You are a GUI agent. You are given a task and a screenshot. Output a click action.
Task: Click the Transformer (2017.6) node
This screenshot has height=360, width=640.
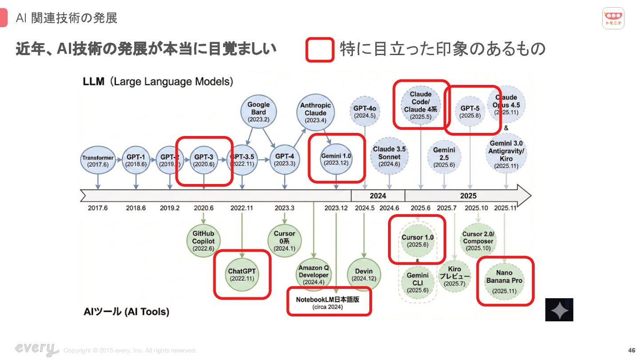coord(98,161)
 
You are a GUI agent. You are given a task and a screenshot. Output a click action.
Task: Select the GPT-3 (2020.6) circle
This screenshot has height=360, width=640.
coord(204,160)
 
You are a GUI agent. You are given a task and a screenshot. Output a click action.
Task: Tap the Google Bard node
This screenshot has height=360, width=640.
coord(258,112)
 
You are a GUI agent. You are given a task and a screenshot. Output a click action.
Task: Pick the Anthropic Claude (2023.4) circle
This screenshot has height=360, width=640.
coord(316,112)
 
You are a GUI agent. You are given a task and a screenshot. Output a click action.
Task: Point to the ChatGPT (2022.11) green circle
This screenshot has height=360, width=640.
coord(242,275)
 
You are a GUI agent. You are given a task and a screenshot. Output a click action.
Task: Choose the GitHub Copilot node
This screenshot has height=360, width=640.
coord(203,241)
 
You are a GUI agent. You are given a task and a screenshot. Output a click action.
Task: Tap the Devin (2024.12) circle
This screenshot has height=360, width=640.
coord(364,275)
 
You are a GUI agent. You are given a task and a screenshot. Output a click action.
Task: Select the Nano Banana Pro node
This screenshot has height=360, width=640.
coord(504,281)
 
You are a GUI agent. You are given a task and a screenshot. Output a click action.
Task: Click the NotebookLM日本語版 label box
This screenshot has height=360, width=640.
coord(328,302)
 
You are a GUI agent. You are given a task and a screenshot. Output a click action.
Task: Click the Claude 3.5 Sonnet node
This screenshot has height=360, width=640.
coord(389,156)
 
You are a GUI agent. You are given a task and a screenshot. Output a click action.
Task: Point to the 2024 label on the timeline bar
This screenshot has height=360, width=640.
coord(378,196)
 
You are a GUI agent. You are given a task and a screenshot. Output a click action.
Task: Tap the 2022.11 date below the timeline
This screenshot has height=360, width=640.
coord(241,208)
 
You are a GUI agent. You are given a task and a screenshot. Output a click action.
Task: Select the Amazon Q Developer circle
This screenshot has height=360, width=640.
coord(314,275)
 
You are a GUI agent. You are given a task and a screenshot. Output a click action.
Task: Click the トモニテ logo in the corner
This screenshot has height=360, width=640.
coord(613,18)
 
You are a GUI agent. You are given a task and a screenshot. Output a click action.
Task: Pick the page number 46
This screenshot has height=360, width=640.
coord(632,350)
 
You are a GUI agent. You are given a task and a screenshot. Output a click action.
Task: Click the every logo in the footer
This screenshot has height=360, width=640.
coord(36,349)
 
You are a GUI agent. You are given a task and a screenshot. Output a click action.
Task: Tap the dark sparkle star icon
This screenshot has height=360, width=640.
coord(559,310)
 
